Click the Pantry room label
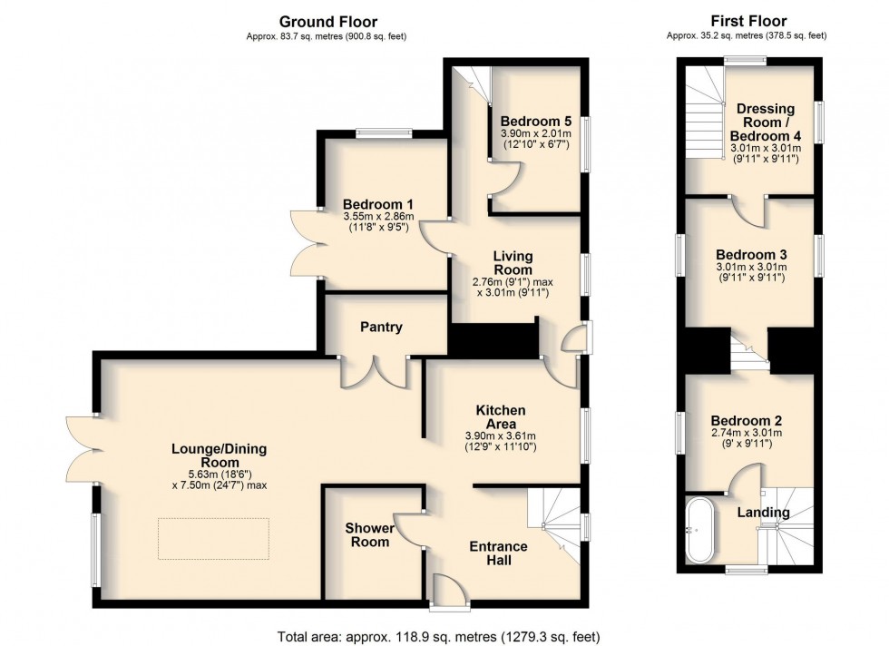click(381, 327)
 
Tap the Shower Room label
click(370, 534)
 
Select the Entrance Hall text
click(498, 553)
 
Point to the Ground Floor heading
click(328, 22)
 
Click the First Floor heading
click(748, 21)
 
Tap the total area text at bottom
click(438, 636)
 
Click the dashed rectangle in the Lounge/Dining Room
click(213, 538)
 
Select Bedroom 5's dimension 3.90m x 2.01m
click(536, 133)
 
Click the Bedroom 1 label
click(378, 204)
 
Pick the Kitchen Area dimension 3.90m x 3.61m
click(500, 436)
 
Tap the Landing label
click(763, 513)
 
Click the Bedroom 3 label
click(751, 255)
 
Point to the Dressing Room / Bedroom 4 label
click(766, 122)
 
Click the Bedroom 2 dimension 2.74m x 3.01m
click(746, 433)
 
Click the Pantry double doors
click(374, 372)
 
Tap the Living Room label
click(513, 263)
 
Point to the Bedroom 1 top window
click(384, 133)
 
